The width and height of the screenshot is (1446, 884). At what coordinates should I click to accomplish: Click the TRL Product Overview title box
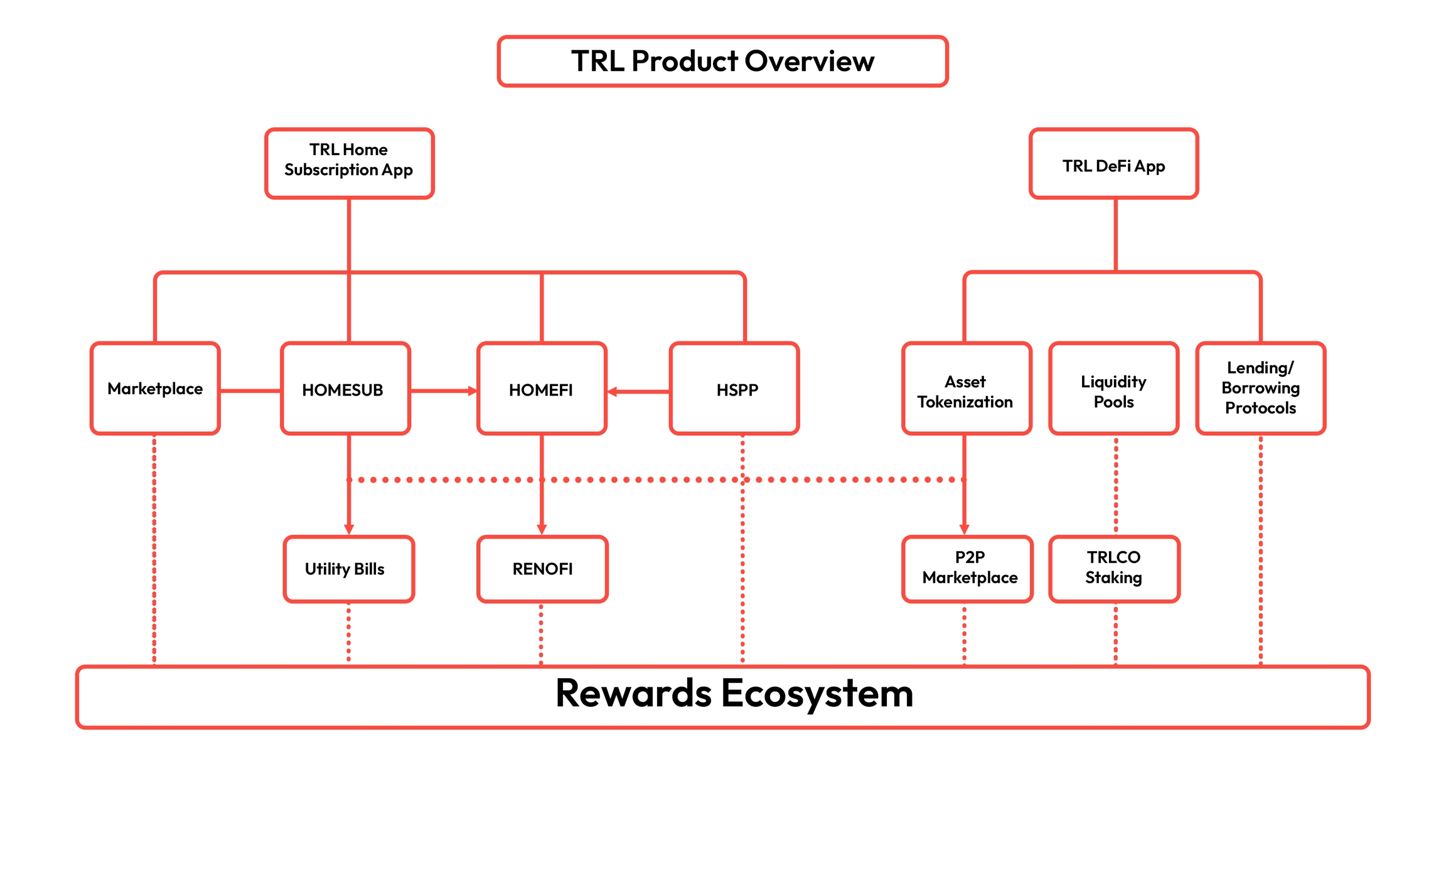722,61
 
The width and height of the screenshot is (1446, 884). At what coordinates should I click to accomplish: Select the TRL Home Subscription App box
349,163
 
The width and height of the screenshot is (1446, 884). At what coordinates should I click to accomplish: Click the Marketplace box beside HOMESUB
155,389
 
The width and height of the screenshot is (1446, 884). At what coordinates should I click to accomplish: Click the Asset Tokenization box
967,389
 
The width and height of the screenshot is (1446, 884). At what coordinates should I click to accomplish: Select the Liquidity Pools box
1113,389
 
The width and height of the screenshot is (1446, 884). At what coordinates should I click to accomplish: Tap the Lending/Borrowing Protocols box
1260,389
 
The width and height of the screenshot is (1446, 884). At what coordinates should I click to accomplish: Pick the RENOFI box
542,569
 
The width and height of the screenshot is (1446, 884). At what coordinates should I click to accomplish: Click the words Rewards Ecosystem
734,694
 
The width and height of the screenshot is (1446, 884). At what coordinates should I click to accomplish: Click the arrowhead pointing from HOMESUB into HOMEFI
473,391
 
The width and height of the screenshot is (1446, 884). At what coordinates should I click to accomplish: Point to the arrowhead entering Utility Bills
349,530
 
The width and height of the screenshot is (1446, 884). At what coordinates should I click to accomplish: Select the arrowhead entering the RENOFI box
542,530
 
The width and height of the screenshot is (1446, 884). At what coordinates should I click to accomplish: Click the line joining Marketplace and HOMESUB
250,391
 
